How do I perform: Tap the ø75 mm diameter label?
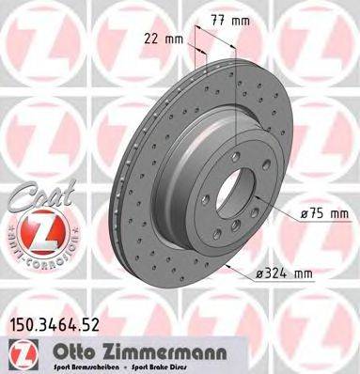[325, 214]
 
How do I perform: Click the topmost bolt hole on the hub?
[241, 157]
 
